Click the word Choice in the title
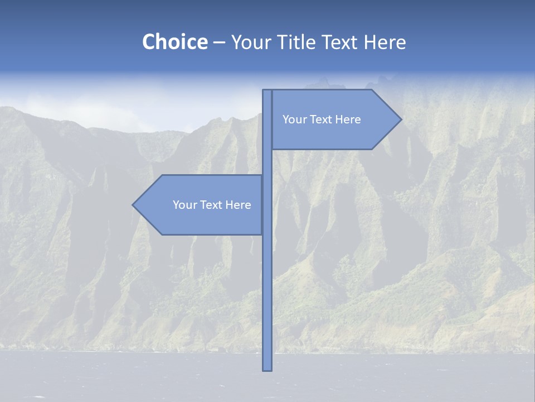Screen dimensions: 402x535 click(174, 42)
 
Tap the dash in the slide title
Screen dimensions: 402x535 click(219, 42)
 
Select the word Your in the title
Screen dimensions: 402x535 click(249, 42)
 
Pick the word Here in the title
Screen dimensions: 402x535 click(385, 42)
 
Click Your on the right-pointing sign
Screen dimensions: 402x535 click(294, 119)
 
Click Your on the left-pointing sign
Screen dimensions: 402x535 click(184, 205)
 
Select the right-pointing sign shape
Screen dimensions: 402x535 click(334, 134)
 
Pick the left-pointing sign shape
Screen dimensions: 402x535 click(201, 221)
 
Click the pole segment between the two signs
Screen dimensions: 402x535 click(267, 162)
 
